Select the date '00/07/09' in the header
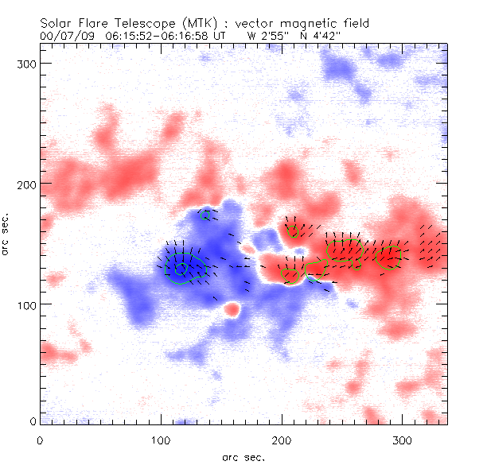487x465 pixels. point(64,36)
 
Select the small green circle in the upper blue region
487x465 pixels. point(207,215)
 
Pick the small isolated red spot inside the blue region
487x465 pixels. point(232,308)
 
